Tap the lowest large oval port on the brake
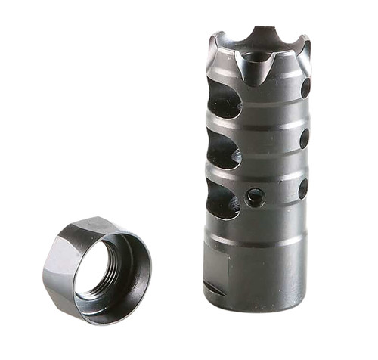click(x=223, y=201)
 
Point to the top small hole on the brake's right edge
click(x=305, y=88)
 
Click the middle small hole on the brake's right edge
click(x=304, y=139)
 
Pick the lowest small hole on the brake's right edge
click(x=302, y=188)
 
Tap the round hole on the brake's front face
click(x=256, y=197)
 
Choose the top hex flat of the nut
click(x=87, y=227)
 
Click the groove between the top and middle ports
click(x=257, y=126)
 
